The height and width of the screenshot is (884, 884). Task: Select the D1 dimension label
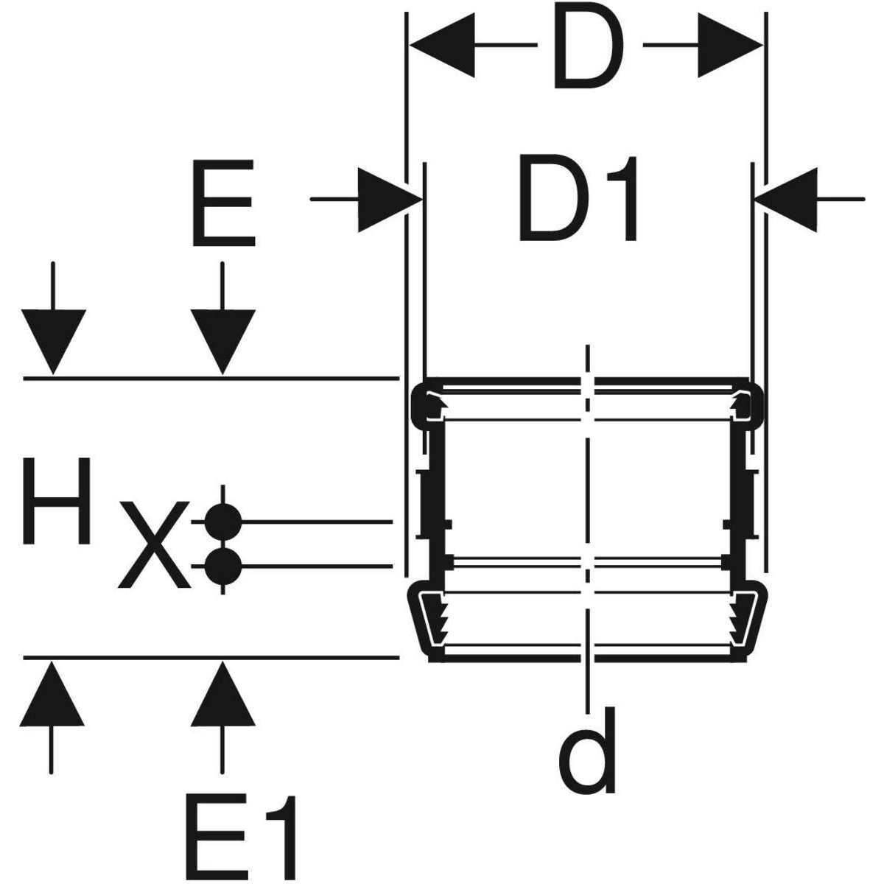(x=578, y=198)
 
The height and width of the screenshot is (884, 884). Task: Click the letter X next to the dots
(x=155, y=544)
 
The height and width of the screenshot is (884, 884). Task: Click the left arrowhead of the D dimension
(x=442, y=46)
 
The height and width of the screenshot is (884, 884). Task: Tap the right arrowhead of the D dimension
(x=729, y=46)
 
